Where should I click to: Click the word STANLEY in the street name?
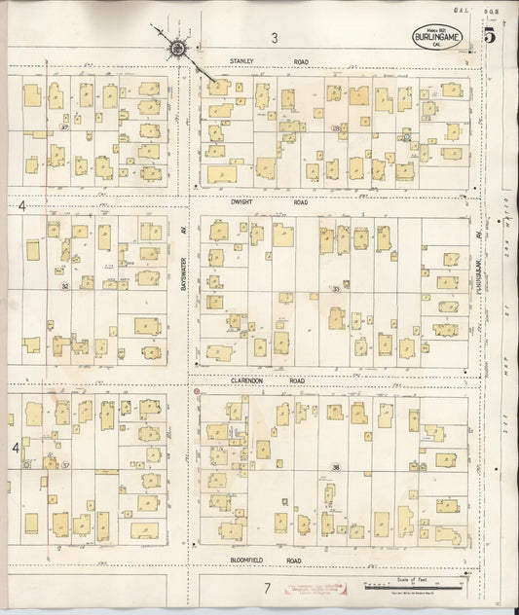pyautogui.click(x=241, y=61)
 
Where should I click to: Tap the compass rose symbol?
pyautogui.click(x=176, y=48)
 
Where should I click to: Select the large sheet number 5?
pyautogui.click(x=488, y=37)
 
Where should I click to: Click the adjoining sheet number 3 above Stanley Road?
pyautogui.click(x=275, y=39)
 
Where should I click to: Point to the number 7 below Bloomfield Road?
pyautogui.click(x=265, y=589)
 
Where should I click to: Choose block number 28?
pyautogui.click(x=335, y=127)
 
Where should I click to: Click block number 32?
pyautogui.click(x=64, y=286)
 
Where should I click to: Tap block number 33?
pyautogui.click(x=335, y=289)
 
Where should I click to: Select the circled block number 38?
pyautogui.click(x=335, y=467)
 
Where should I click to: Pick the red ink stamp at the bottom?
pyautogui.click(x=317, y=588)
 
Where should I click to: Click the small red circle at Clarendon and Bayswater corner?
pyautogui.click(x=198, y=391)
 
